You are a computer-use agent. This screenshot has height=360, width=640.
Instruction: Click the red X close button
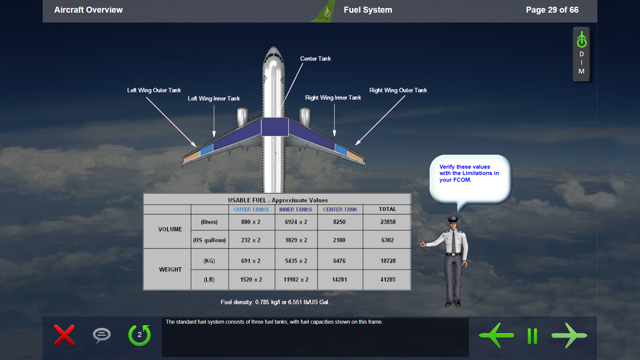64,335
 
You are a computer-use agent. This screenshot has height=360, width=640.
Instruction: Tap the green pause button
532,336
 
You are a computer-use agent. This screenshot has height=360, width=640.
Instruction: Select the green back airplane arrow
496,335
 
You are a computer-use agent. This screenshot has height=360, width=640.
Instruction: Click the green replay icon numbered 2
140,335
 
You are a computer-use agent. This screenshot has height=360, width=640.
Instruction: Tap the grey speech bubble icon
102,335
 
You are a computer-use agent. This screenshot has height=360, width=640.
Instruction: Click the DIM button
582,54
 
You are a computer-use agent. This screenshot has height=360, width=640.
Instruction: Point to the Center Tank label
315,59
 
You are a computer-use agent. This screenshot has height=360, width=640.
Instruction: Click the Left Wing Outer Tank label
154,90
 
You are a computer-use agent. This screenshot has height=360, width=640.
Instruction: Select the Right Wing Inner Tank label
333,98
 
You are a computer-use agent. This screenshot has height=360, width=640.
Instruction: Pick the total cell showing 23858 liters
388,222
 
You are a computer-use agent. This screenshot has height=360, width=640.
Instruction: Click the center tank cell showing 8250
339,222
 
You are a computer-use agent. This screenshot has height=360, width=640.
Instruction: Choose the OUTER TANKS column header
251,209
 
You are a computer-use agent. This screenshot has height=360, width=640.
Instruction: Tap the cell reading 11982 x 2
296,280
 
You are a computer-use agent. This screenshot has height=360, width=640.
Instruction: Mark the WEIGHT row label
170,269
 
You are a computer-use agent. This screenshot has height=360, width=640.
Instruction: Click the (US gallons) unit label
209,240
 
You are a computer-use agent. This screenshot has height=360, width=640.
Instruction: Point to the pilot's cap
453,219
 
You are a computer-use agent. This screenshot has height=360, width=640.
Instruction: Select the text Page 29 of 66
552,10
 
